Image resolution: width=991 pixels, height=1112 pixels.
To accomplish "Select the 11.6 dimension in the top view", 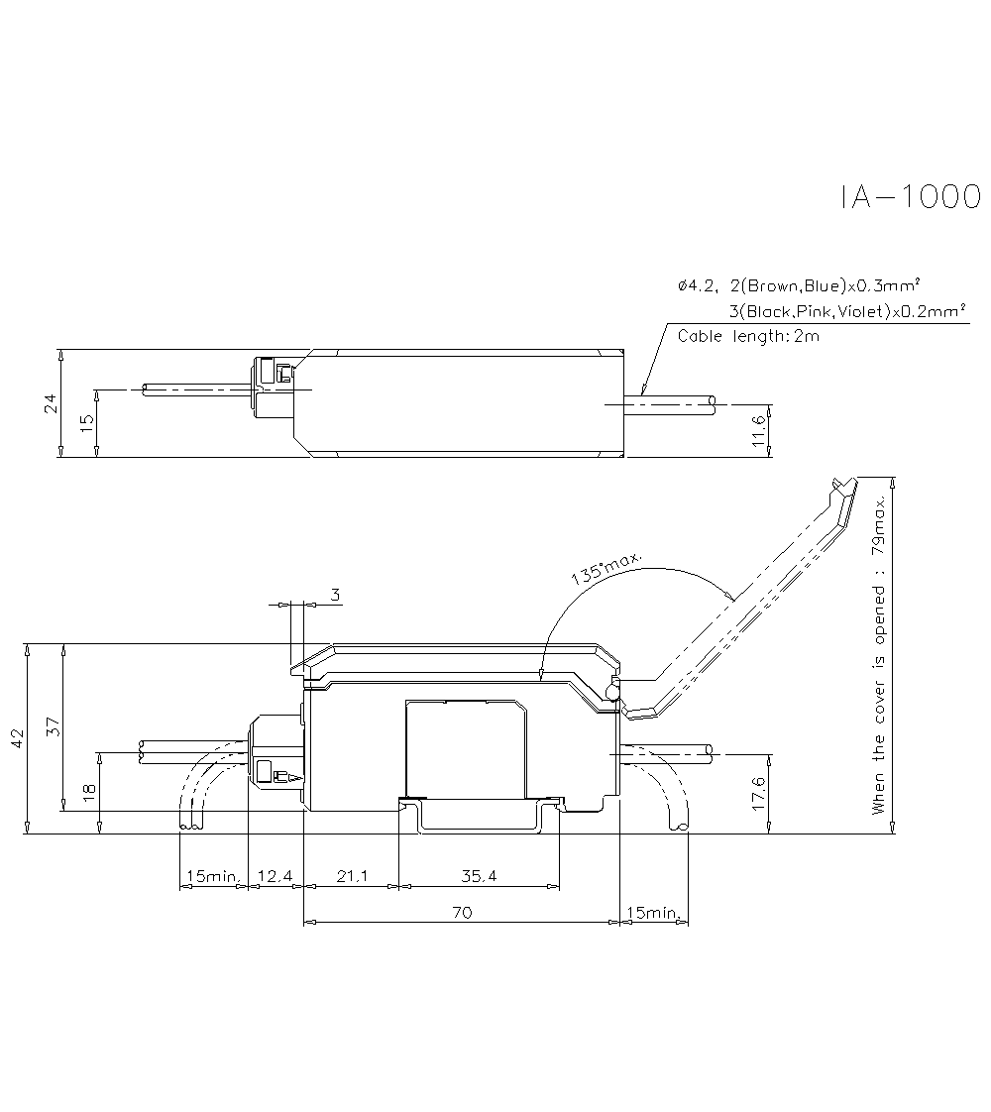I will click(759, 431).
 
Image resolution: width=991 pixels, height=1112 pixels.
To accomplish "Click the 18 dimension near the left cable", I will click(89, 792).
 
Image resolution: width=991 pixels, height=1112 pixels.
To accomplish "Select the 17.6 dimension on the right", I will click(759, 792).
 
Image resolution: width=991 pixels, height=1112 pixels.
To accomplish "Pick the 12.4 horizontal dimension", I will click(275, 876).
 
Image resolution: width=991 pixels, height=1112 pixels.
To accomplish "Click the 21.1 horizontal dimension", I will click(350, 876).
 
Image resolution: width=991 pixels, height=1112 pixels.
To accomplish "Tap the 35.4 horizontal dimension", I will click(479, 876).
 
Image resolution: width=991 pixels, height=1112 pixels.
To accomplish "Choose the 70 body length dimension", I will click(461, 912).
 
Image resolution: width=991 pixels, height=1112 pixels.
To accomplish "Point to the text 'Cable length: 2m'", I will click(748, 336).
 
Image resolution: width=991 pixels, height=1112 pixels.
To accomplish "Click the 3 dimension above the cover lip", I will click(335, 595).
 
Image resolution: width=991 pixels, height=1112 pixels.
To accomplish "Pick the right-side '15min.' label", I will click(655, 912).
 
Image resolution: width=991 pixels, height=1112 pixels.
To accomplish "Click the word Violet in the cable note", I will click(860, 312).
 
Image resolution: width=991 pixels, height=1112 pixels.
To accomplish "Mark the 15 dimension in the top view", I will click(87, 421).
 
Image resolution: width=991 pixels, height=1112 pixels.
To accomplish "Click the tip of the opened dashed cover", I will click(838, 481).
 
